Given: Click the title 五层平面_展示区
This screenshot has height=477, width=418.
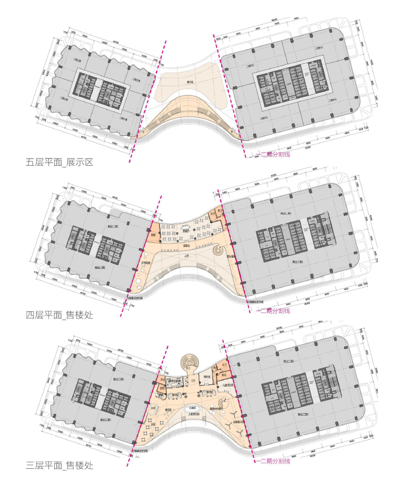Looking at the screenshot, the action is click(59, 162).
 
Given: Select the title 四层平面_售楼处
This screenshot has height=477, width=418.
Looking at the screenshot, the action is click(59, 315).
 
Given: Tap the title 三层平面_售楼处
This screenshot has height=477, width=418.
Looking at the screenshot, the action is click(59, 466).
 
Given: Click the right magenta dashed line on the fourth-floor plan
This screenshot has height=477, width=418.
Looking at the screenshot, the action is click(230, 248).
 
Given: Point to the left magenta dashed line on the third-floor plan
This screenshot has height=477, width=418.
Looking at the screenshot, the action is click(151, 401).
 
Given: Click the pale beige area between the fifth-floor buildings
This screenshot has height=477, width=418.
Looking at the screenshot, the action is click(192, 83).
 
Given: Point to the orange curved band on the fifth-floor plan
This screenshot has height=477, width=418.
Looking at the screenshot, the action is click(189, 112).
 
